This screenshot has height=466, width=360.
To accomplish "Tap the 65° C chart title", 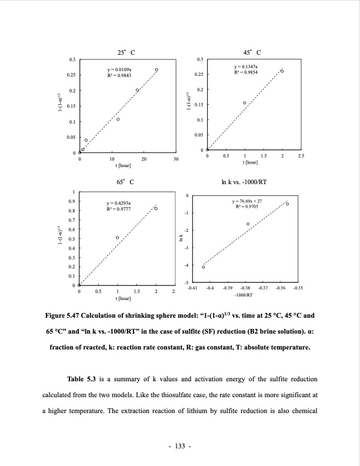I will [126, 182].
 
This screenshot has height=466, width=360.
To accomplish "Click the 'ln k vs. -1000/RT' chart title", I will [244, 182].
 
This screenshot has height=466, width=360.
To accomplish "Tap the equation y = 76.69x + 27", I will [248, 201].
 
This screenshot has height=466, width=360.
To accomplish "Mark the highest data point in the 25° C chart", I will [156, 70].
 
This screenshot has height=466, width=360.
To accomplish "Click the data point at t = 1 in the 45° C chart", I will [245, 103].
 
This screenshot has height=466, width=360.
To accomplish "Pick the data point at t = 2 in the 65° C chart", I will [156, 209].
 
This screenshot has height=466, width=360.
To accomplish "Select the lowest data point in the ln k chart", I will [204, 267].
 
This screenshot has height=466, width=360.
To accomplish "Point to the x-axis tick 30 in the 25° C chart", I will [175, 159].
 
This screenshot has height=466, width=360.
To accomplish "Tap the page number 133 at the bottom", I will [180, 447].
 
